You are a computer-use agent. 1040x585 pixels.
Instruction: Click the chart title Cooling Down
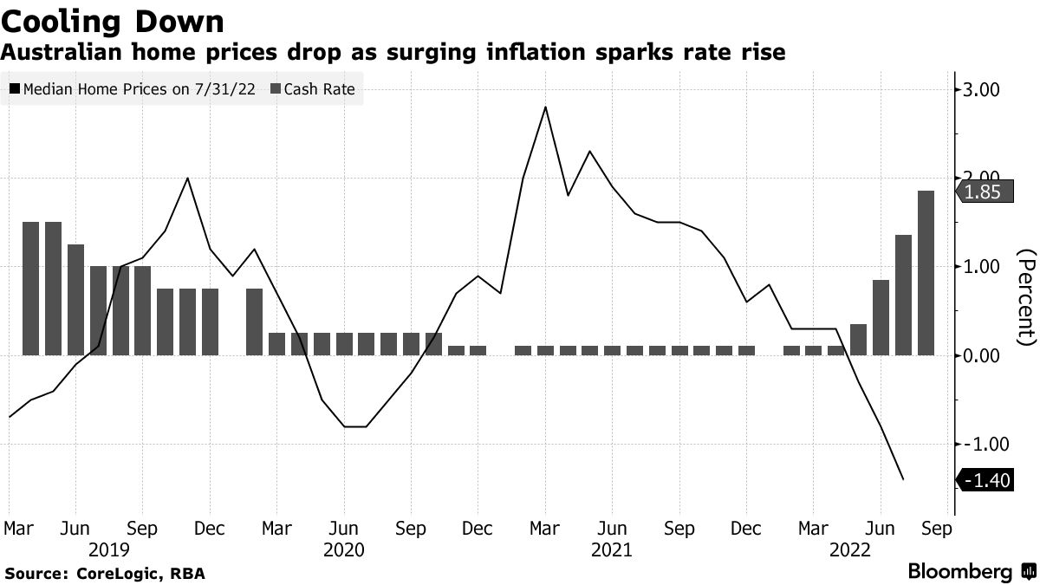coord(113,20)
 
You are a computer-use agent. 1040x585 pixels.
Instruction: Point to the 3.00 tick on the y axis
coord(977,89)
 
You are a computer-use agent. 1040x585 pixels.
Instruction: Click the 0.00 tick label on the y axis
coord(977,355)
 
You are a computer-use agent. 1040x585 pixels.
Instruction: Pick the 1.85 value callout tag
coord(983,192)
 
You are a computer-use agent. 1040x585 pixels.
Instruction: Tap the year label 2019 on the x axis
coord(109,549)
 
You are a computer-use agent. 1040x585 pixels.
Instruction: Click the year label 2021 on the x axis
coord(612,549)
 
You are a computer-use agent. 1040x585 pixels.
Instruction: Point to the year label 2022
coord(850,549)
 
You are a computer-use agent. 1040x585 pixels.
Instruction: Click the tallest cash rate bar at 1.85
coord(926,273)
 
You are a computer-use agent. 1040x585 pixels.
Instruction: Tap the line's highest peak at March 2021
coord(545,107)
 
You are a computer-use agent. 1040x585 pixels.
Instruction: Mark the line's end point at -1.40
coord(903,479)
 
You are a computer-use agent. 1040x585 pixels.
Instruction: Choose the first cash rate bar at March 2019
coord(30,289)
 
